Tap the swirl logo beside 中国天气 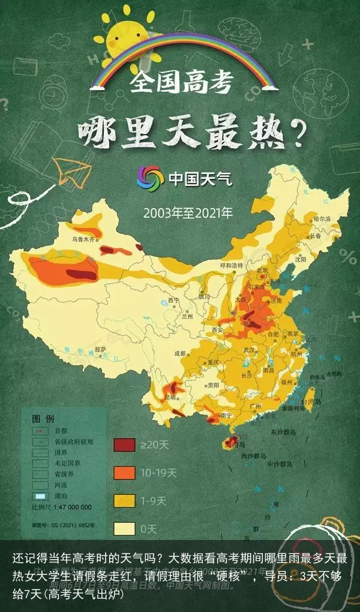[x=150, y=179]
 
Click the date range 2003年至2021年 [x=187, y=212]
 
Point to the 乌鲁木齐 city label [x=84, y=239]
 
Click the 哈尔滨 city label [x=322, y=220]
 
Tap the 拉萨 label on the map [x=100, y=349]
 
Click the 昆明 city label [x=170, y=397]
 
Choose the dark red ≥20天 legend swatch [x=124, y=445]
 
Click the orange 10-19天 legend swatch [x=124, y=473]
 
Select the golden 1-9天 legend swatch [x=124, y=500]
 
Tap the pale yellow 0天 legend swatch [x=124, y=529]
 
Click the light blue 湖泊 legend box [x=40, y=497]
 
